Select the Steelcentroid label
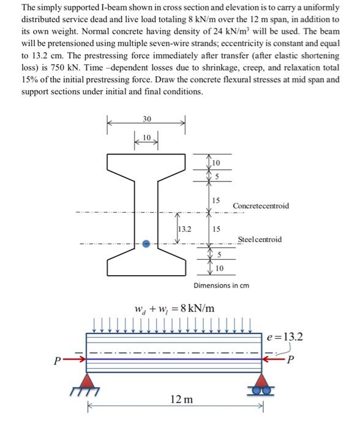pos(260,239)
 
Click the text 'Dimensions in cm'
pos(221,286)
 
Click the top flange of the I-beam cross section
pos(146,164)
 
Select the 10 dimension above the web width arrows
pos(146,136)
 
